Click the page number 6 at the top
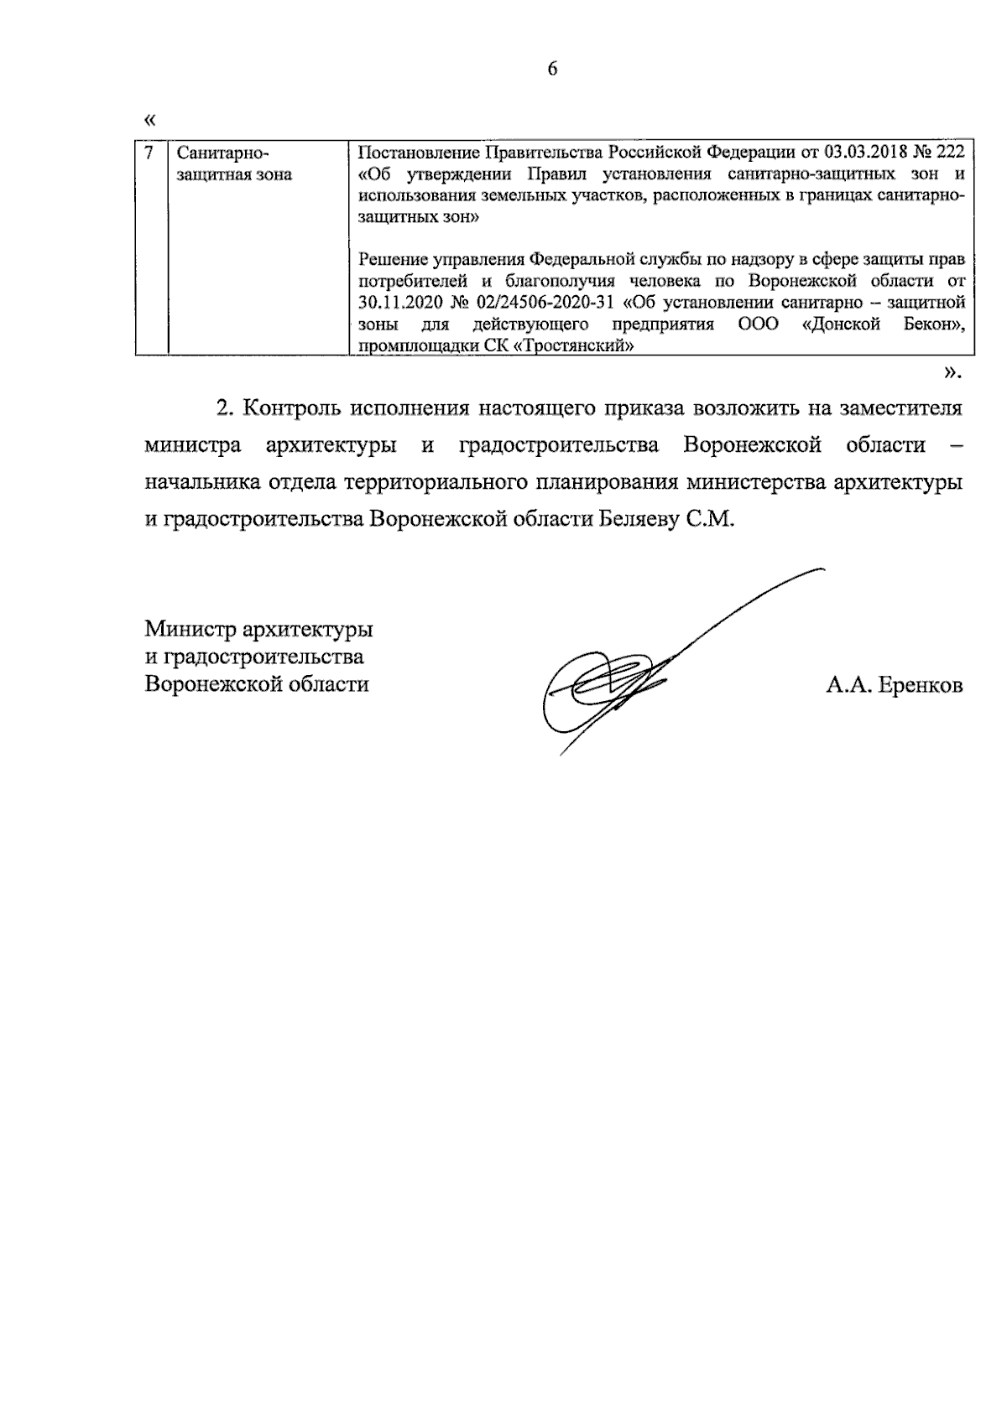[552, 70]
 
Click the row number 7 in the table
[149, 153]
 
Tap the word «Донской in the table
[838, 324]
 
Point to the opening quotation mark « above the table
[150, 120]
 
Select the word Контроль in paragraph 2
[290, 408]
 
